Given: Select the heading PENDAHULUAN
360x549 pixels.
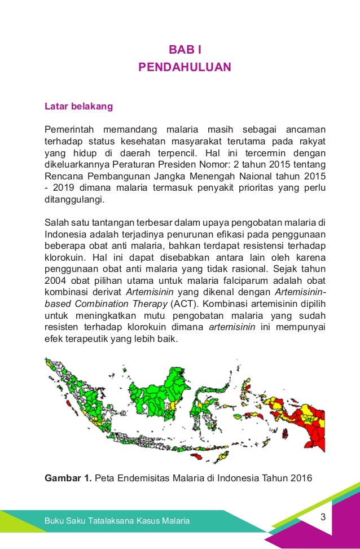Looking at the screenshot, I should click(185, 67).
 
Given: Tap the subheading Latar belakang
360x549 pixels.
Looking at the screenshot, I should click(78, 106).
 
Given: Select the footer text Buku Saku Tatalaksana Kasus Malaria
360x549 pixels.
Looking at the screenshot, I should click(117, 520).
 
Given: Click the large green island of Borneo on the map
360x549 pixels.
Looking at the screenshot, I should click(144, 389).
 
